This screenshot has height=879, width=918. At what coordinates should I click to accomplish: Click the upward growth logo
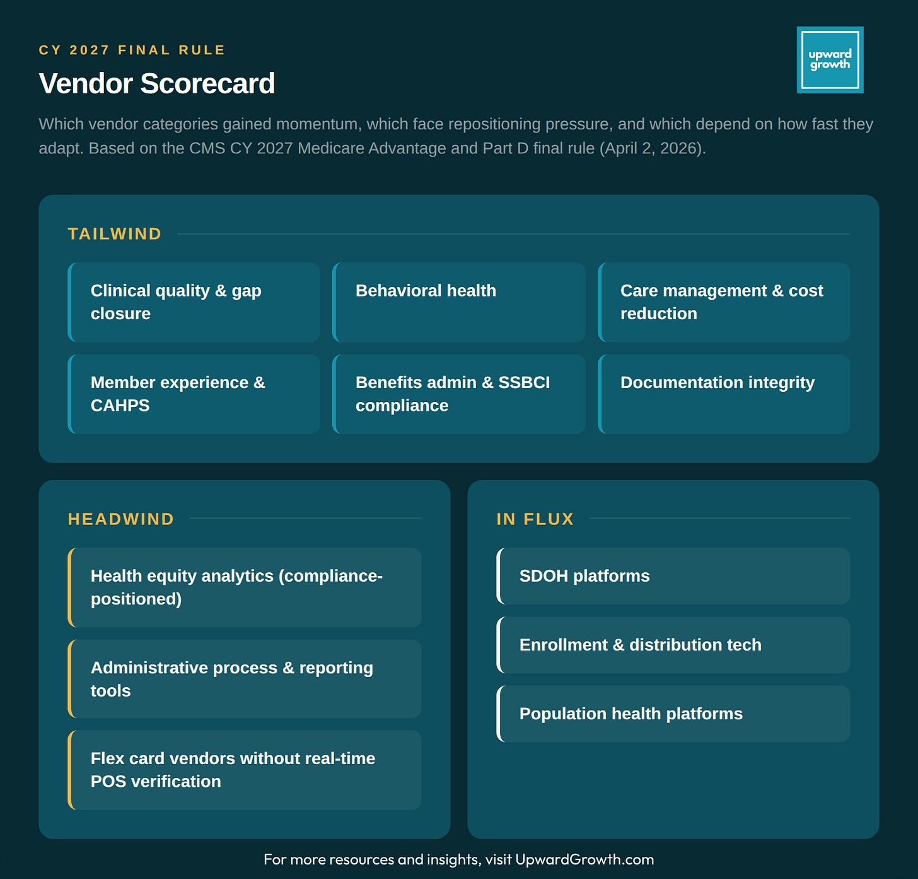830,60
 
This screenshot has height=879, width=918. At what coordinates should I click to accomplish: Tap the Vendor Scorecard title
157,84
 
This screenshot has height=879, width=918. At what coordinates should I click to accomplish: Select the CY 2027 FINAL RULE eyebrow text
132,50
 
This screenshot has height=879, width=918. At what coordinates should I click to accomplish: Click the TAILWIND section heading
115,234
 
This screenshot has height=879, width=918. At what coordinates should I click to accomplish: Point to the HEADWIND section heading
121,519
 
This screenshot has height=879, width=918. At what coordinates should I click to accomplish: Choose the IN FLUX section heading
535,519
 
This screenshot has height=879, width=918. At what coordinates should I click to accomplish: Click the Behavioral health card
459,302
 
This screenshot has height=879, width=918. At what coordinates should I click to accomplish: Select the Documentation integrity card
724,394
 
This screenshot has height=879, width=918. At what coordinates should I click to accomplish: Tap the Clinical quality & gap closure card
194,302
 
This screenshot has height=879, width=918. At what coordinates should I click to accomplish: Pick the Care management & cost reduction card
724,302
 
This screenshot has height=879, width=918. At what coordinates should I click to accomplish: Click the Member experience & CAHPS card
194,394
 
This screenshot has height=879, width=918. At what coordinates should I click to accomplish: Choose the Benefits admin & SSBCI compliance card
459,394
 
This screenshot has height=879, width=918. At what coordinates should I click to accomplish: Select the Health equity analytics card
245,587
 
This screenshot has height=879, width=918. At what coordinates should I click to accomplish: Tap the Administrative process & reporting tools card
245,679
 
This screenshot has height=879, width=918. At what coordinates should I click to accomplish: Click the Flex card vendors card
245,770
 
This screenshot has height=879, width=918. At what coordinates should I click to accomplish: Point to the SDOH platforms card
673,576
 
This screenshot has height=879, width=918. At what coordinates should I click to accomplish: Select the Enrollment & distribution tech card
673,645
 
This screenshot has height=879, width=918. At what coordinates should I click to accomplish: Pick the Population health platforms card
673,714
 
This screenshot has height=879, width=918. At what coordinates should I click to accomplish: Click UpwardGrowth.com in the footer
584,859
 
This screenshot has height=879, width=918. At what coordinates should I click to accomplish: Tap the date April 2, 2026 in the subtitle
651,148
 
